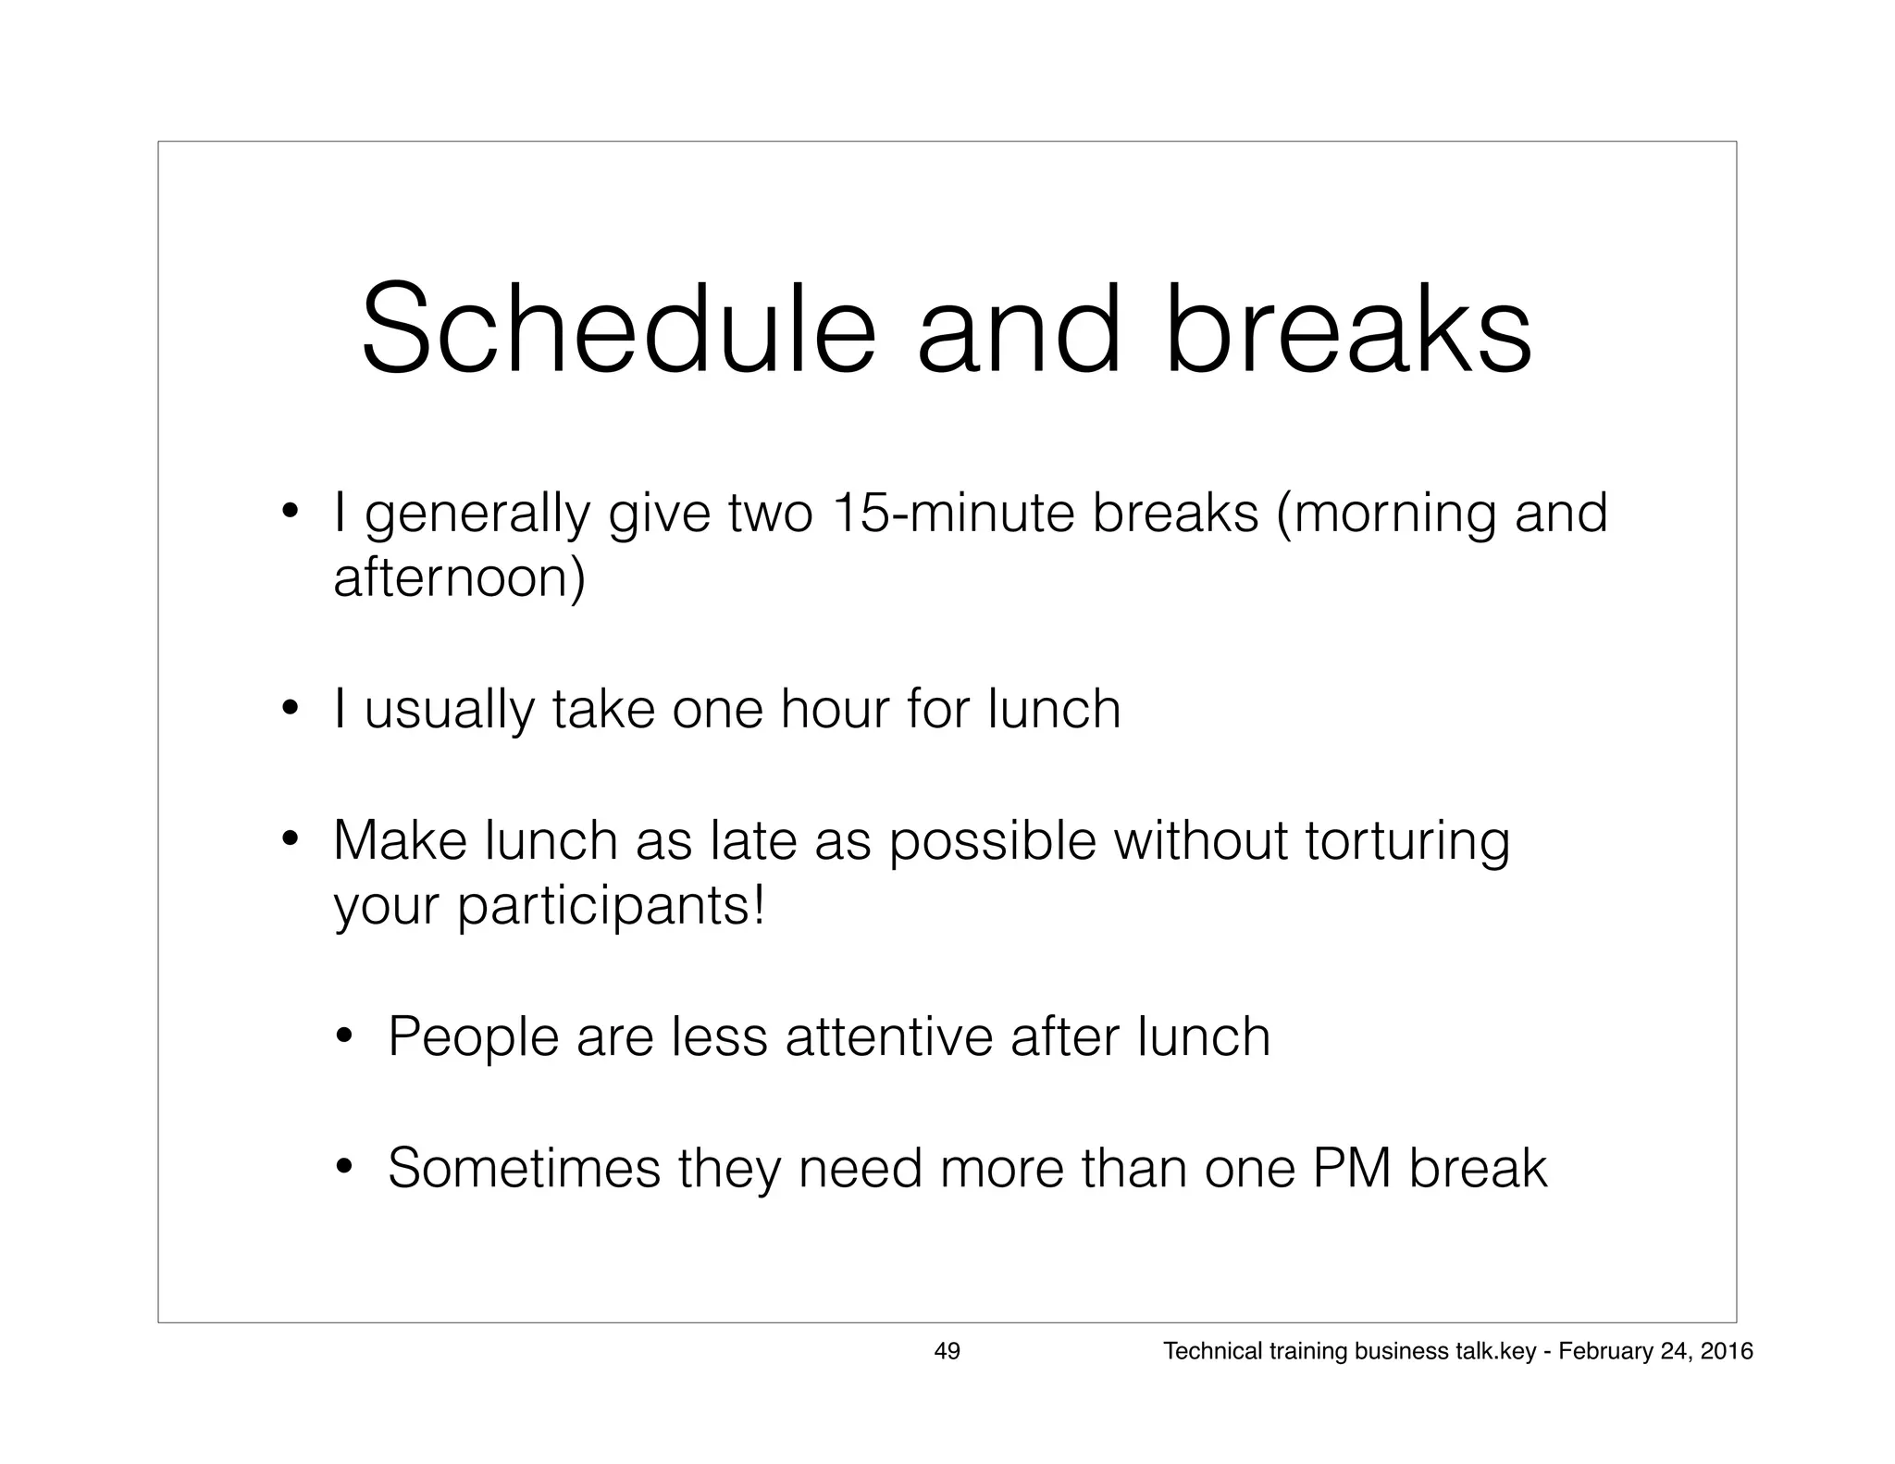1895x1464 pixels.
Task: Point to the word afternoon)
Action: tap(459, 578)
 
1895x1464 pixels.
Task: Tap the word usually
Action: tap(450, 710)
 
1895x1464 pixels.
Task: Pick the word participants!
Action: tap(612, 906)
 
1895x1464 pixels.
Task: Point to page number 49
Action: tap(947, 1351)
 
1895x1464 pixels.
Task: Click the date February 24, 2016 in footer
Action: tap(1655, 1351)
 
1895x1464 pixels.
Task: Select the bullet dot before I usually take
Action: tap(290, 710)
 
